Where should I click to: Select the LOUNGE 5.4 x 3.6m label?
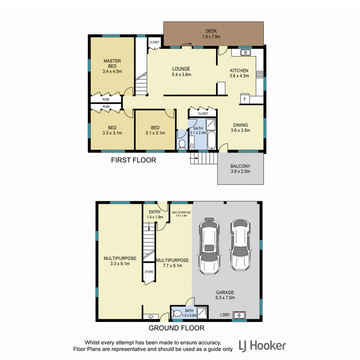pos(181,72)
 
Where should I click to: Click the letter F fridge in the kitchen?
pos(244,98)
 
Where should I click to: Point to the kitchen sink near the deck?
pos(245,52)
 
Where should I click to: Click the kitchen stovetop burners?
pos(259,74)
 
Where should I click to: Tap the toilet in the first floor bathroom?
pos(182,144)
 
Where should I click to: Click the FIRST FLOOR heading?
pos(133,160)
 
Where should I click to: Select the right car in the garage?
pos(240,244)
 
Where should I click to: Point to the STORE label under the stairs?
pos(148,272)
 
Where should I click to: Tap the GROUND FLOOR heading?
pos(176,328)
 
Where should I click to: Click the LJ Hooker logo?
pos(262,345)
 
